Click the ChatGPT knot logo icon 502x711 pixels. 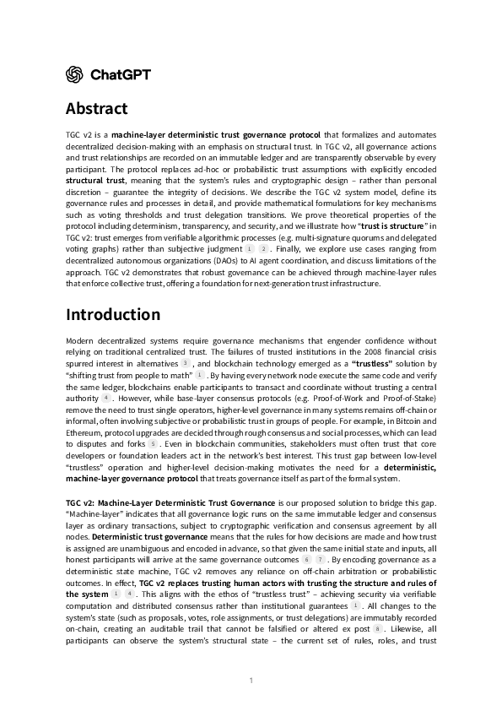click(74, 74)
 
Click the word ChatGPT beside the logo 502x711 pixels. click(120, 74)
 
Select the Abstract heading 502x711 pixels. click(96, 109)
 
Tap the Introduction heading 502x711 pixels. click(112, 315)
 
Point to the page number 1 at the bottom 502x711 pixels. click(251, 680)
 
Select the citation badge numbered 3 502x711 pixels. click(185, 362)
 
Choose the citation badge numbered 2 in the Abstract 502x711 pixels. click(263, 250)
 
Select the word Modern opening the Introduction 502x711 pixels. click(81, 339)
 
